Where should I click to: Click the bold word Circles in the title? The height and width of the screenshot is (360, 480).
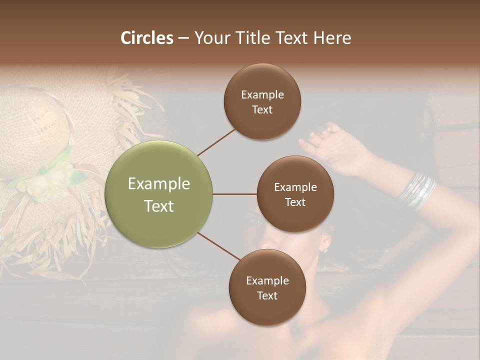click(x=147, y=38)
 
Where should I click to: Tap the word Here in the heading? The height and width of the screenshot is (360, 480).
click(x=332, y=38)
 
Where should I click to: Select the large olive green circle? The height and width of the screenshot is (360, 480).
click(x=159, y=194)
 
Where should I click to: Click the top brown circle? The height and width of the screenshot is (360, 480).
click(x=262, y=101)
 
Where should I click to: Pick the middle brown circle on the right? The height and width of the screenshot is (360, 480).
click(x=295, y=194)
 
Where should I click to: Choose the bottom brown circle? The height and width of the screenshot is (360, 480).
click(x=267, y=287)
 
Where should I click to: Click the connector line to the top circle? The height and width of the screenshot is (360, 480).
click(x=216, y=142)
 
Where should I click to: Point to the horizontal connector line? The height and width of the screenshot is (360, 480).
click(x=235, y=194)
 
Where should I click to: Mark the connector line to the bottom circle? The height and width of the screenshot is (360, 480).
click(x=218, y=245)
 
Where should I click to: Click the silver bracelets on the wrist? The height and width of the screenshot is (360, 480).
click(x=417, y=191)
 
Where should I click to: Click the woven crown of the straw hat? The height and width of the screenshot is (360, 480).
click(x=32, y=125)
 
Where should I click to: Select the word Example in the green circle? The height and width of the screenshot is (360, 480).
click(x=159, y=184)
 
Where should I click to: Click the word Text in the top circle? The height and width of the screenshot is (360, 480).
click(x=262, y=110)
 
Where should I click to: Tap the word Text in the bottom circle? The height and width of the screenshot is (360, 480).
click(x=267, y=296)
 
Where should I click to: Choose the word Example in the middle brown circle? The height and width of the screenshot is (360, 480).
click(x=295, y=187)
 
